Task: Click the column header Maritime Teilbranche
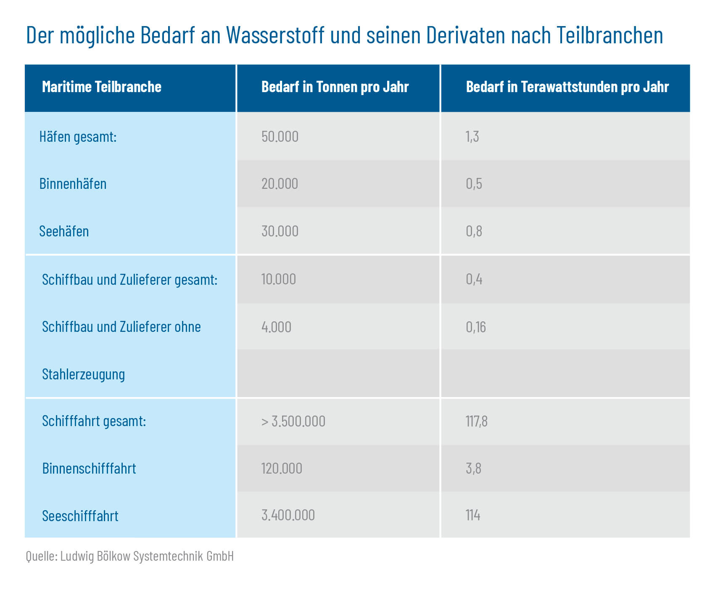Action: tap(102, 87)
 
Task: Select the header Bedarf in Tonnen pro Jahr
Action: tap(335, 87)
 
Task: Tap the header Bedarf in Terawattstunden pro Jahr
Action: tap(567, 87)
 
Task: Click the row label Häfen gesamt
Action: tap(78, 137)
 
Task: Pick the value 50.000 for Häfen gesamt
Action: tap(280, 137)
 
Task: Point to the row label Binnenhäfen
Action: tap(73, 184)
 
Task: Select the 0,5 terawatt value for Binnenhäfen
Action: tap(474, 184)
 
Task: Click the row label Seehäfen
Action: tap(64, 231)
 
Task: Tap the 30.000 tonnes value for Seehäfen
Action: tap(280, 231)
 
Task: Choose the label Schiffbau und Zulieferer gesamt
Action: tap(129, 280)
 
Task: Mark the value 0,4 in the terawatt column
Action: tap(474, 279)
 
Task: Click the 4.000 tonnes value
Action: tap(276, 327)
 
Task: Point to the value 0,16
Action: tap(475, 327)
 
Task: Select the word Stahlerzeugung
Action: tap(83, 374)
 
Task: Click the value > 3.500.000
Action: tap(293, 421)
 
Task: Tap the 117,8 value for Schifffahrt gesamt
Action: tap(476, 421)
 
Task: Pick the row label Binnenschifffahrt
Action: tap(89, 469)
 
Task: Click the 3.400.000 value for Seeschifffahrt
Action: tap(288, 515)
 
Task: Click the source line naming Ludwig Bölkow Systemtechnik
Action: tap(129, 556)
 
